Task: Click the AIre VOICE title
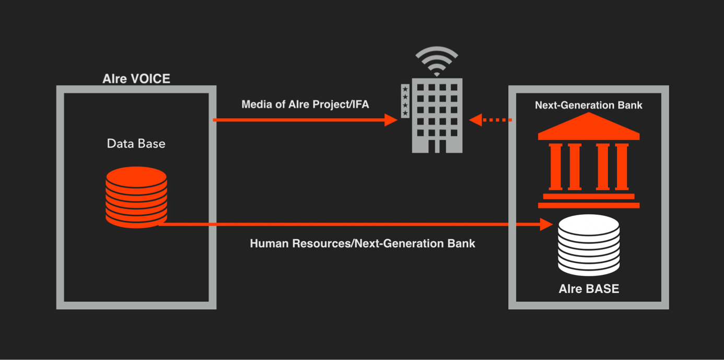tap(136, 79)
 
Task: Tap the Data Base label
tap(136, 144)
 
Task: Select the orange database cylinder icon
tap(136, 197)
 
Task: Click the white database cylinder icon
tap(589, 245)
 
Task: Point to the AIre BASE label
tap(589, 289)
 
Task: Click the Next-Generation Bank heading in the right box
tap(589, 106)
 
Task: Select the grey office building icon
tap(437, 115)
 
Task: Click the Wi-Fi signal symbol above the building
tap(437, 61)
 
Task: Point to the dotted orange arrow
tap(491, 120)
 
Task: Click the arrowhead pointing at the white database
tap(546, 224)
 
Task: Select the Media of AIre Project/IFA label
tap(305, 104)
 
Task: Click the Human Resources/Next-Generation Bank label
tap(363, 243)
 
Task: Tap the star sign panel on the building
tap(405, 101)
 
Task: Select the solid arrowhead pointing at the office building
tap(391, 120)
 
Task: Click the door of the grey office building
tap(437, 146)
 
